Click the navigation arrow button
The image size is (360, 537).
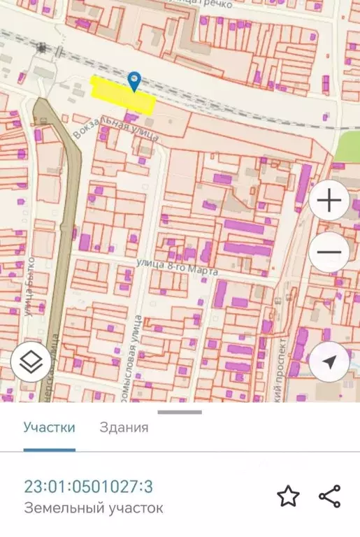click(330, 361)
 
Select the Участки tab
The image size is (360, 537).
click(49, 428)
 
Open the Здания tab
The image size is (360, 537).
click(124, 428)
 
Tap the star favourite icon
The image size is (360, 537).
click(288, 496)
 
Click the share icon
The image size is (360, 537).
click(329, 496)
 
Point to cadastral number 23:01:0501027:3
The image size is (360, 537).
click(89, 487)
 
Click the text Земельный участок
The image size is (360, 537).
click(94, 508)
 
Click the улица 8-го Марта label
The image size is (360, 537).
click(180, 266)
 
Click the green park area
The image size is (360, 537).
click(347, 147)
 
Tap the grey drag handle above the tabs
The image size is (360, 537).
click(180, 412)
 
